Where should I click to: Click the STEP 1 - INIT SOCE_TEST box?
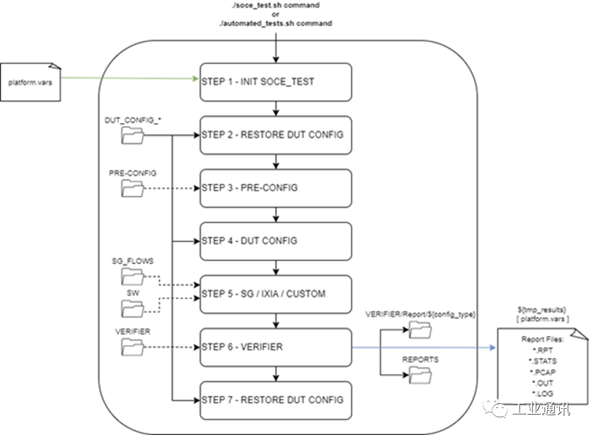click(x=275, y=82)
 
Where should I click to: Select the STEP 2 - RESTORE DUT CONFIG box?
click(x=275, y=135)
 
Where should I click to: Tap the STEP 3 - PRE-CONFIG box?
click(x=275, y=188)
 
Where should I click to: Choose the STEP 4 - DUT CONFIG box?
click(x=275, y=241)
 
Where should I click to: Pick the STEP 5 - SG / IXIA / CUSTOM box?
click(x=275, y=294)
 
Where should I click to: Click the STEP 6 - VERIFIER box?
click(x=275, y=347)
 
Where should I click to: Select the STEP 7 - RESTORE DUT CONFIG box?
click(x=275, y=400)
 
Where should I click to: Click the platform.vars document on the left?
click(x=31, y=83)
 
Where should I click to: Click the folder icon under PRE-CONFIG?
click(x=133, y=188)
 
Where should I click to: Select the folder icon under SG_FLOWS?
click(x=133, y=276)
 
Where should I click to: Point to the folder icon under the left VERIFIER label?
click(x=133, y=346)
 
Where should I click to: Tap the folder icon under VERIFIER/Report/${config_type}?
click(x=420, y=329)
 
